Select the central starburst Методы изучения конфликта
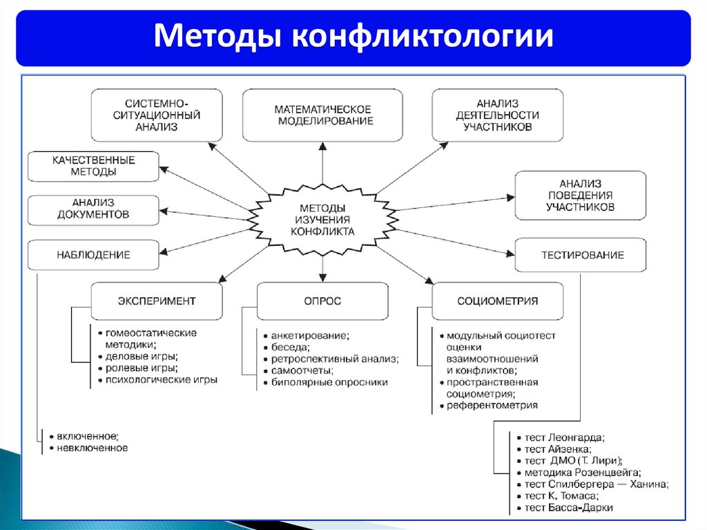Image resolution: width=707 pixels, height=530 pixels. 322,220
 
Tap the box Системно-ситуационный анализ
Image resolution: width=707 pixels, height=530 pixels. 157,115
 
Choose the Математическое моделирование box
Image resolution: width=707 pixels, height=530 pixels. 322,115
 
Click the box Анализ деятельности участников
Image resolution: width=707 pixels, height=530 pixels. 497,115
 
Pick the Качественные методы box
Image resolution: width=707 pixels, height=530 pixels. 93,166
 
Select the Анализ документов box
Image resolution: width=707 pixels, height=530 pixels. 93,209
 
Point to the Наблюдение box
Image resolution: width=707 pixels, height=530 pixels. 93,255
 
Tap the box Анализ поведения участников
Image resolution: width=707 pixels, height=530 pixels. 580,196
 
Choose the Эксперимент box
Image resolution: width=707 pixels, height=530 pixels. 157,301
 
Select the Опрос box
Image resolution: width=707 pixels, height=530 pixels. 322,301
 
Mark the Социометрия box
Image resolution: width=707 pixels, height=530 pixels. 497,301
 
